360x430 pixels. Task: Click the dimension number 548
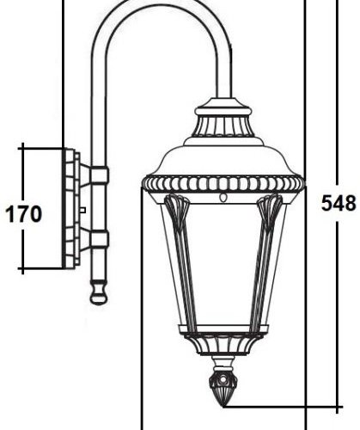(x=339, y=204)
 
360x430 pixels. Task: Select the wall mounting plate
(x=69, y=208)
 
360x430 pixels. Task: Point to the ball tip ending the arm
(x=99, y=298)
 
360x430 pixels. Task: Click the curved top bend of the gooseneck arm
(x=163, y=10)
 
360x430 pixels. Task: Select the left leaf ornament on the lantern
(x=176, y=212)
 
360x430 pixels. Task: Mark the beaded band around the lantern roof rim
(x=223, y=183)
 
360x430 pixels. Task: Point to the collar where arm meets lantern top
(x=223, y=110)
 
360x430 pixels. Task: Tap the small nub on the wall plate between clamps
(x=82, y=209)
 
